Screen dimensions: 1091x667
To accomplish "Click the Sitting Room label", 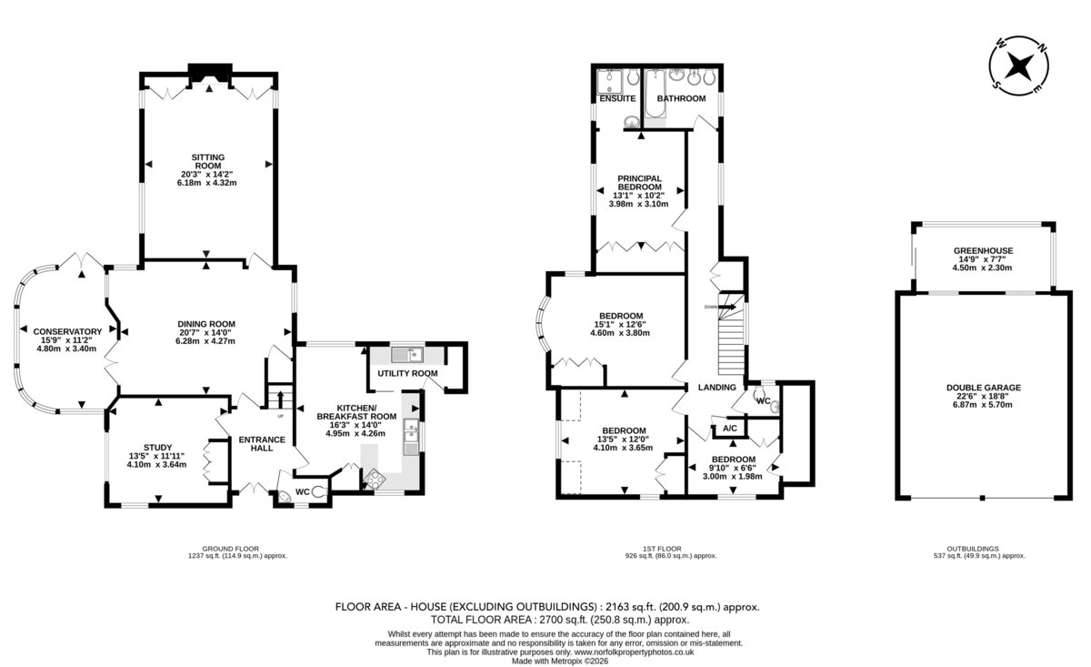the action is [208, 161].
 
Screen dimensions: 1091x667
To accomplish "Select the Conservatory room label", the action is [67, 332].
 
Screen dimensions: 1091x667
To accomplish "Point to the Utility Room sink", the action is [407, 355].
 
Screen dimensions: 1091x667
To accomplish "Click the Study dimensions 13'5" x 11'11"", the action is [156, 457].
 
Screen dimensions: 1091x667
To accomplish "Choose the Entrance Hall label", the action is [262, 444].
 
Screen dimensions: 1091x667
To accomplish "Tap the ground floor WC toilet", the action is [319, 492].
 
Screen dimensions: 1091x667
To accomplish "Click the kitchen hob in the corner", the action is [375, 479].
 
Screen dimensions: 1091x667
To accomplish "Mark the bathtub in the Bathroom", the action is [656, 94].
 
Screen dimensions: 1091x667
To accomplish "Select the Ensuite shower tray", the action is [610, 81].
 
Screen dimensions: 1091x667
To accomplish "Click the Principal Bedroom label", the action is [639, 183].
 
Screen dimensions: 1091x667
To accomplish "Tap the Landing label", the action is [717, 388].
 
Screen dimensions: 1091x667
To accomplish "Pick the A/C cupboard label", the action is [730, 429].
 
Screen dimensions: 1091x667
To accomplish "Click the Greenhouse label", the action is [983, 250].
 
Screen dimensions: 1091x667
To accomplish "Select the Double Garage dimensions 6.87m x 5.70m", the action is [983, 405].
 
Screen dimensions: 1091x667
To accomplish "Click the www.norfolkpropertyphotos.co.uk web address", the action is [635, 652].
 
